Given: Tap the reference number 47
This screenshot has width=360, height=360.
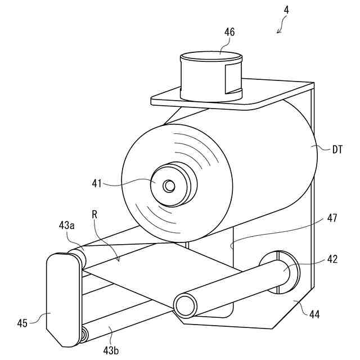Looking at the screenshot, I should coord(331,218).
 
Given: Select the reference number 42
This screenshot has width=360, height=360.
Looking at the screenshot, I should coord(331,260).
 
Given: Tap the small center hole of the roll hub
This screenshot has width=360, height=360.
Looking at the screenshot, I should coord(169,185).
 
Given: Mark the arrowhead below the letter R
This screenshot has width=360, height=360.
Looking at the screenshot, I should coord(119,260).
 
